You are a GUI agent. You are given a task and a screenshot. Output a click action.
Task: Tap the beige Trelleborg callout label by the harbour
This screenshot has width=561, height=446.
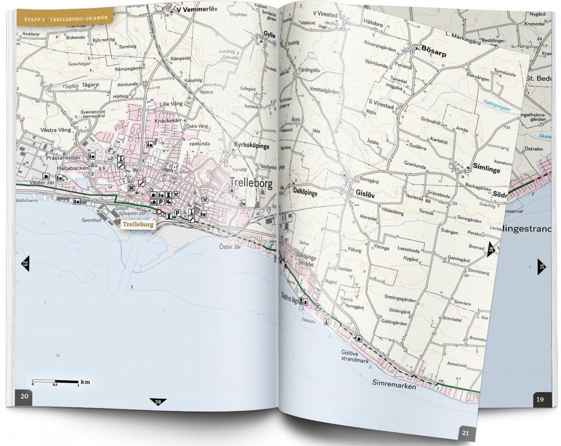(x=138, y=224)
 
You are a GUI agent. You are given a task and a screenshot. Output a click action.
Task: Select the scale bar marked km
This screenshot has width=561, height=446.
(x=56, y=382)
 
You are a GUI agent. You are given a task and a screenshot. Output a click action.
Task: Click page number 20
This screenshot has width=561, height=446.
(x=25, y=396)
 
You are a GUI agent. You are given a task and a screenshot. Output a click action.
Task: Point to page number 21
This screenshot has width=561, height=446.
(x=465, y=432)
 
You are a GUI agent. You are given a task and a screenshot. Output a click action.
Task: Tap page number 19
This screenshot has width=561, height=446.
(x=540, y=399)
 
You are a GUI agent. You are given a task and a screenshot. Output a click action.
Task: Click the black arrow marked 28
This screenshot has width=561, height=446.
(x=158, y=402)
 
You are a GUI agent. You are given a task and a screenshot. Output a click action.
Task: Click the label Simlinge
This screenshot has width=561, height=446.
(x=487, y=170)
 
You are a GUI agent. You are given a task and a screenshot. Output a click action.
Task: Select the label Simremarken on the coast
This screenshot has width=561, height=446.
(x=394, y=384)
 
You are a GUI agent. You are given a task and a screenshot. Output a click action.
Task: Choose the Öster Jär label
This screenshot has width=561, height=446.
(x=230, y=246)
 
